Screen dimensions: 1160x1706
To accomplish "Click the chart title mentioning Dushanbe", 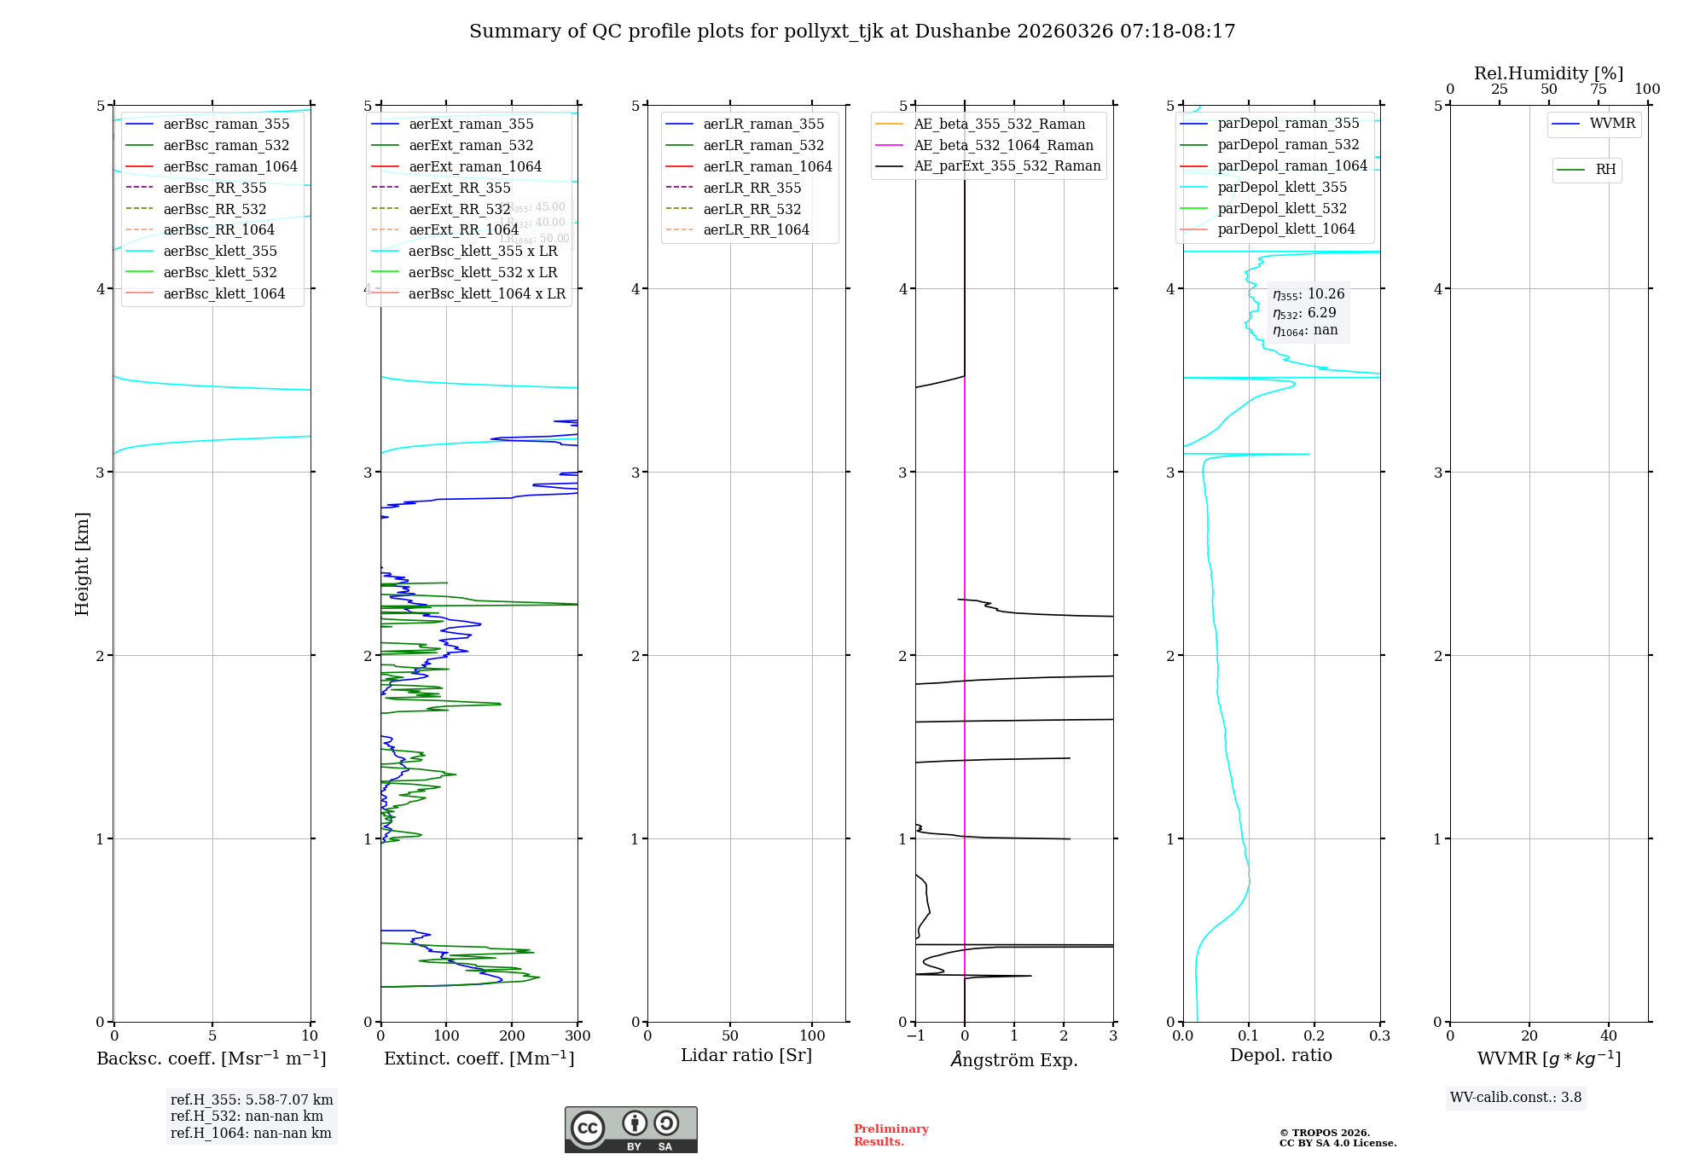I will pyautogui.click(x=852, y=32).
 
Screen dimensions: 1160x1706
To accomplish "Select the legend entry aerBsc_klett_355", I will pyautogui.click(x=220, y=251).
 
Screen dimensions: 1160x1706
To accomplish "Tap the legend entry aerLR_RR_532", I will pyautogui.click(x=751, y=209).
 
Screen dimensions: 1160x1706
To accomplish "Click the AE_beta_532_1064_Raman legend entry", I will pyautogui.click(x=1003, y=145).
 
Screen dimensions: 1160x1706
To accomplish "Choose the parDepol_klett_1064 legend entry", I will pyautogui.click(x=1285, y=229).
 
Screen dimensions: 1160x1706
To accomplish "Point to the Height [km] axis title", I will pyautogui.click(x=82, y=563).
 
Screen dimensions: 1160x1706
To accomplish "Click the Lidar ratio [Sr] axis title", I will pyautogui.click(x=746, y=1055).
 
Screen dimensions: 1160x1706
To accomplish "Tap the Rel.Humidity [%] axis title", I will pyautogui.click(x=1548, y=73).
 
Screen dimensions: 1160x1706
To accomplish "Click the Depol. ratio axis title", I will pyautogui.click(x=1280, y=1055).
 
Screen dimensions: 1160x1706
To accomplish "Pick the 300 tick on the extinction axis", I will pyautogui.click(x=577, y=1035).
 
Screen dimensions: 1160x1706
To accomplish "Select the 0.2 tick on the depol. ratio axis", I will pyautogui.click(x=1314, y=1035).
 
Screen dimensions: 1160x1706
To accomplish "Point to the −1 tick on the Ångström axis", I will pyautogui.click(x=914, y=1035).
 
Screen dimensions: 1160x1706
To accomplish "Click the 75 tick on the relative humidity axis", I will pyautogui.click(x=1598, y=90).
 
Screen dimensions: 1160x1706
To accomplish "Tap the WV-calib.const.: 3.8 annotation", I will pyautogui.click(x=1515, y=1098).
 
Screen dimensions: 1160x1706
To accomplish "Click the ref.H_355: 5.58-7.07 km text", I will pyautogui.click(x=252, y=1100).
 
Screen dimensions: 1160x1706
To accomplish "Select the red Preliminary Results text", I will pyautogui.click(x=891, y=1135).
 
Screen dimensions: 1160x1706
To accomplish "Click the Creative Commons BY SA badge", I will pyautogui.click(x=630, y=1129).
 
